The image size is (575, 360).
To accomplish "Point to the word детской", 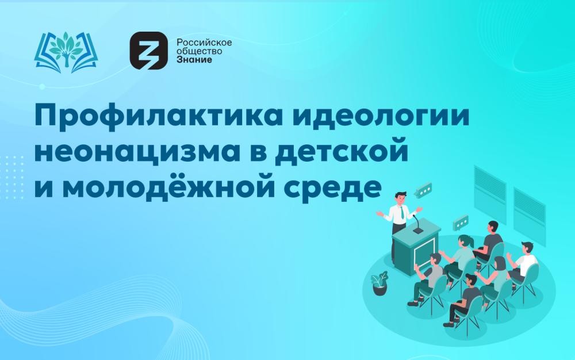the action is pos(342,150).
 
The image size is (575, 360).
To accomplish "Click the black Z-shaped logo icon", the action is pos(148,50).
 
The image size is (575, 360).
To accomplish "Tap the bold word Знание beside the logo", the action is pos(194,59).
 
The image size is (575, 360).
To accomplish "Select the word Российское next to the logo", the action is pos(204,42).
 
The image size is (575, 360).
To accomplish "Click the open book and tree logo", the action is pos(66,52).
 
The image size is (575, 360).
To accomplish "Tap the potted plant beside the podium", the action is pos(379,283).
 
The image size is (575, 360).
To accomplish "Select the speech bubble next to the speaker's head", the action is pos(424,190).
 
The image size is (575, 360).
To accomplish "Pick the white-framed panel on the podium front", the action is pos(424,253).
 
